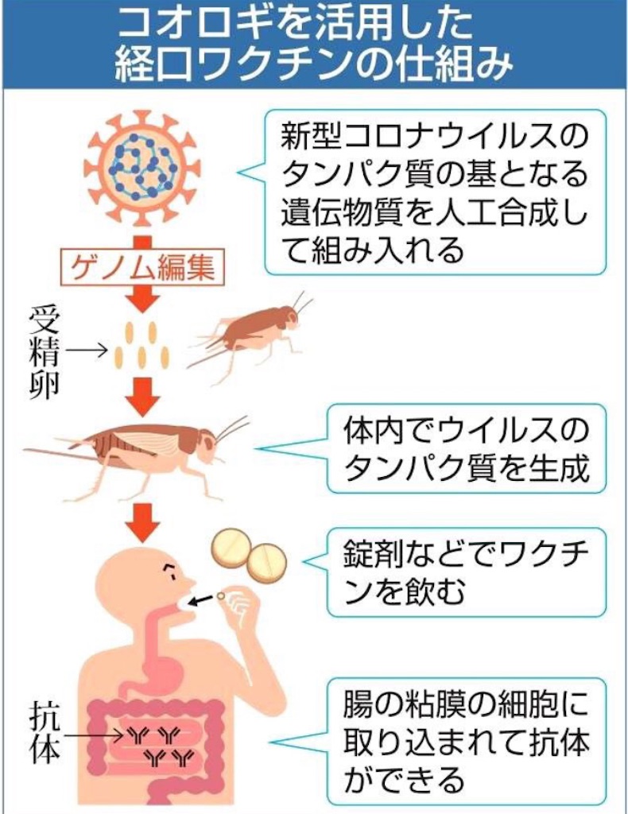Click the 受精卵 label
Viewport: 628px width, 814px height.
44,352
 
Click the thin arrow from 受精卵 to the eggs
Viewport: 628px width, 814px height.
87,351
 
